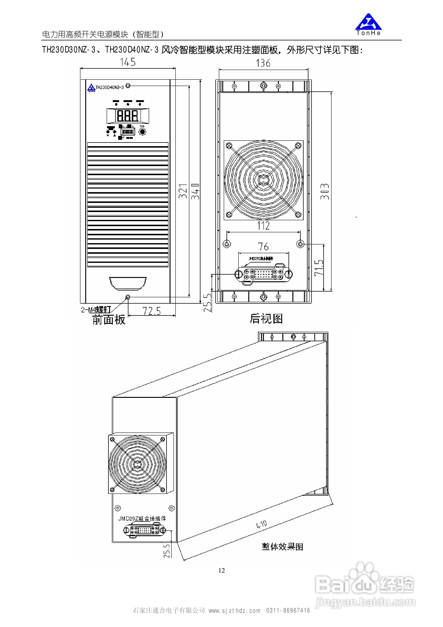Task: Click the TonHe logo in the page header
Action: click(368, 24)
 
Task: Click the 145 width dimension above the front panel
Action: click(128, 62)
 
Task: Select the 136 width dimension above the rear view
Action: click(263, 63)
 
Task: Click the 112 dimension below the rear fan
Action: click(263, 226)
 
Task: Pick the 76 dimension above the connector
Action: click(263, 247)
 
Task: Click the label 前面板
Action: click(109, 319)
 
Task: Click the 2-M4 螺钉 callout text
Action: click(96, 310)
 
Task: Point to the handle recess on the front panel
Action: click(128, 283)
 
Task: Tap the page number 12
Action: click(221, 570)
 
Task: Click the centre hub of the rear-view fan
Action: click(263, 180)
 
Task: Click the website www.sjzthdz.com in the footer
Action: click(234, 611)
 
